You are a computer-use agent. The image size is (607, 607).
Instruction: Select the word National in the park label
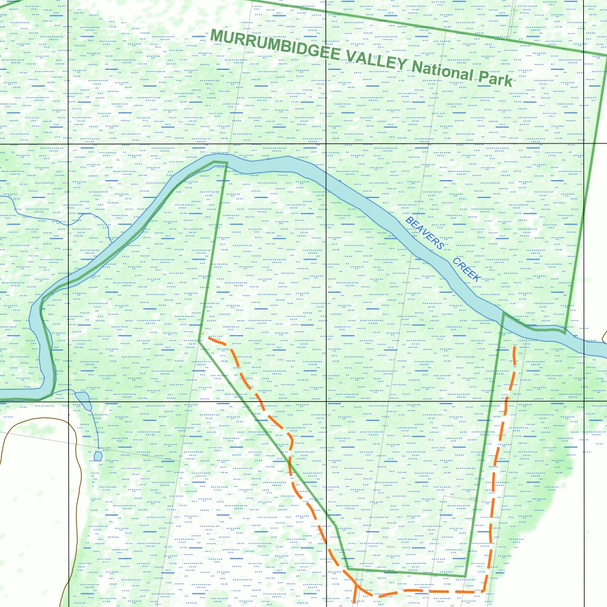point(443,71)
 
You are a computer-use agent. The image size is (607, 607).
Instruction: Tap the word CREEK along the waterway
point(467,270)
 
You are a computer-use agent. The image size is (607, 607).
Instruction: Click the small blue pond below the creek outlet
point(98,456)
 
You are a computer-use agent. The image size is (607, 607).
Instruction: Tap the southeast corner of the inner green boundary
point(465,576)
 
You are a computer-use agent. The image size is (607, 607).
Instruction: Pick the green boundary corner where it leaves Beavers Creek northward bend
point(226,162)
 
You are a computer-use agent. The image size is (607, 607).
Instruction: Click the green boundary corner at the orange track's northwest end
point(200,340)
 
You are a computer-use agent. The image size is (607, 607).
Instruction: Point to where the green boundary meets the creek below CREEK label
point(503,314)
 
